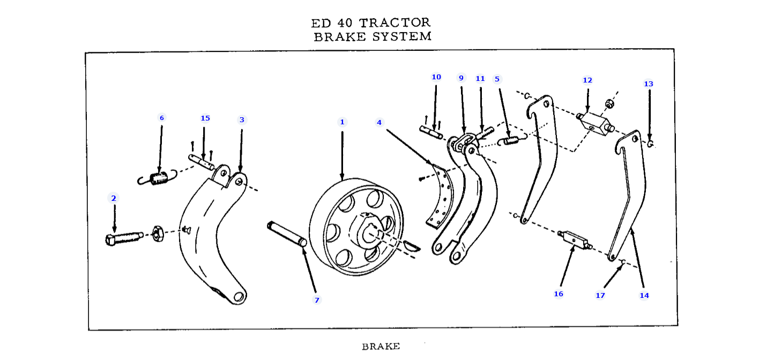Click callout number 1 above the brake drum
pos(342,122)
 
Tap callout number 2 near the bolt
pos(113,198)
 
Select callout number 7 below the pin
pos(317,300)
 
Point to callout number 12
pos(587,80)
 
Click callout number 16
pos(559,294)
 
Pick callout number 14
pos(644,295)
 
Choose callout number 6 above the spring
pos(161,118)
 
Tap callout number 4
pos(379,123)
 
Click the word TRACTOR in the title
pos(395,23)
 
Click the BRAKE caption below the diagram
pos(381,347)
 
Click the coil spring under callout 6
pos(158,178)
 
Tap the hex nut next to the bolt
pos(158,234)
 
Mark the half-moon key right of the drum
pos(412,247)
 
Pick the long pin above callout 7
pos(287,234)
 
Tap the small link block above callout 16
pos(574,240)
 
